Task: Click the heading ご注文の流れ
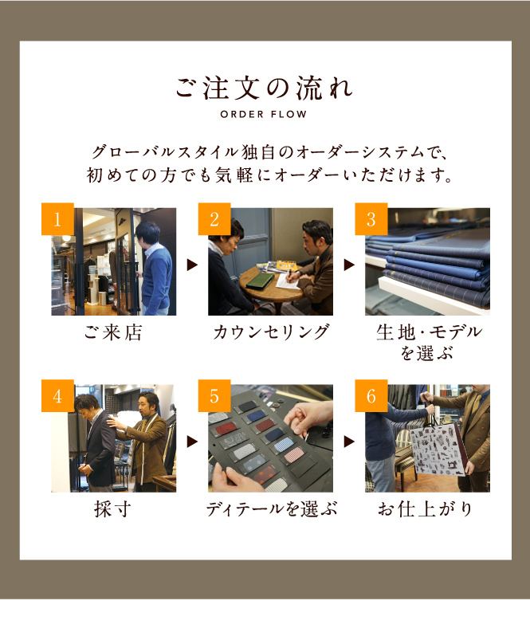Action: [x=265, y=88]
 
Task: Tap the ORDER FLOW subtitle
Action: [x=264, y=115]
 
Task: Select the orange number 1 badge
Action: [x=57, y=219]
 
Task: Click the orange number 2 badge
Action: [x=214, y=219]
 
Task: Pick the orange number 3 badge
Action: [x=371, y=219]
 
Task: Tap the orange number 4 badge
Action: [x=57, y=396]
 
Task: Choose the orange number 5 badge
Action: [x=214, y=396]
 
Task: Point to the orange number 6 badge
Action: [x=371, y=396]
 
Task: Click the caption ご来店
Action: [x=113, y=332]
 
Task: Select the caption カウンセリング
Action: [x=270, y=332]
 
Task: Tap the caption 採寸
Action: [x=113, y=509]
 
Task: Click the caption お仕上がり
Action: [x=426, y=509]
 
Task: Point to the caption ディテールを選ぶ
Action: [x=271, y=509]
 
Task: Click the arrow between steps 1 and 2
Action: [x=192, y=265]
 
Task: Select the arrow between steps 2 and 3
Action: [x=349, y=265]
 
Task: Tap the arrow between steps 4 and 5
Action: [x=192, y=442]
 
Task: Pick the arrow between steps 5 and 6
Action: [x=349, y=442]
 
